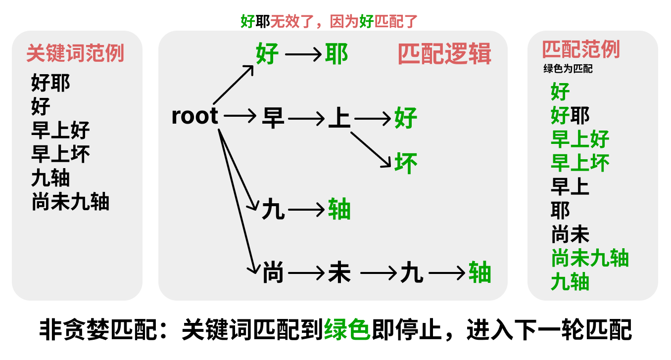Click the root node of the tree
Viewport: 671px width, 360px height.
194,116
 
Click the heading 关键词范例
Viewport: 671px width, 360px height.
75,53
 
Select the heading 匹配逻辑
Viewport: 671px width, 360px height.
444,54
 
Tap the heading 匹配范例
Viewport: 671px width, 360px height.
581,49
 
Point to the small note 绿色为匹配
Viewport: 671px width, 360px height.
568,69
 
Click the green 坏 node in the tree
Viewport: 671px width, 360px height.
406,163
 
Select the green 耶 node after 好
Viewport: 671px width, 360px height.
336,54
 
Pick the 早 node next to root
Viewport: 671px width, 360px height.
273,118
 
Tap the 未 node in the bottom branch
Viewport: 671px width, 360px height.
339,273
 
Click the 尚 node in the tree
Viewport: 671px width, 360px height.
273,273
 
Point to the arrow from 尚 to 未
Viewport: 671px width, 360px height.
306,273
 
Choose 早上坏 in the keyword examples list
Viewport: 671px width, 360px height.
60,154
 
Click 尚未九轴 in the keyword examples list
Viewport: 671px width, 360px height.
70,202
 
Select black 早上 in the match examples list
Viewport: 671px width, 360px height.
570,186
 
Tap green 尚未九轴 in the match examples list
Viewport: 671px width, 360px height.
590,258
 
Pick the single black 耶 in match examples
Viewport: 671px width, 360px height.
560,210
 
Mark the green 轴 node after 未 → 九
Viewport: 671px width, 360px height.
480,273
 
